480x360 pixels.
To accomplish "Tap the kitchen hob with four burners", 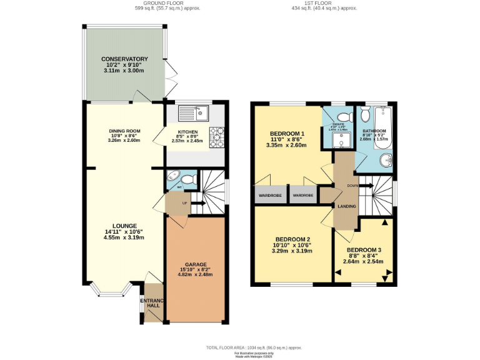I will coord(217,137).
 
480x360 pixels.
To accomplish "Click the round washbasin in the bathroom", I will coord(387,161).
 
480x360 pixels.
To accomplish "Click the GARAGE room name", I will coord(196,264).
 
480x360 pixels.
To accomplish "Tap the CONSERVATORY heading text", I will coord(125,59).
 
